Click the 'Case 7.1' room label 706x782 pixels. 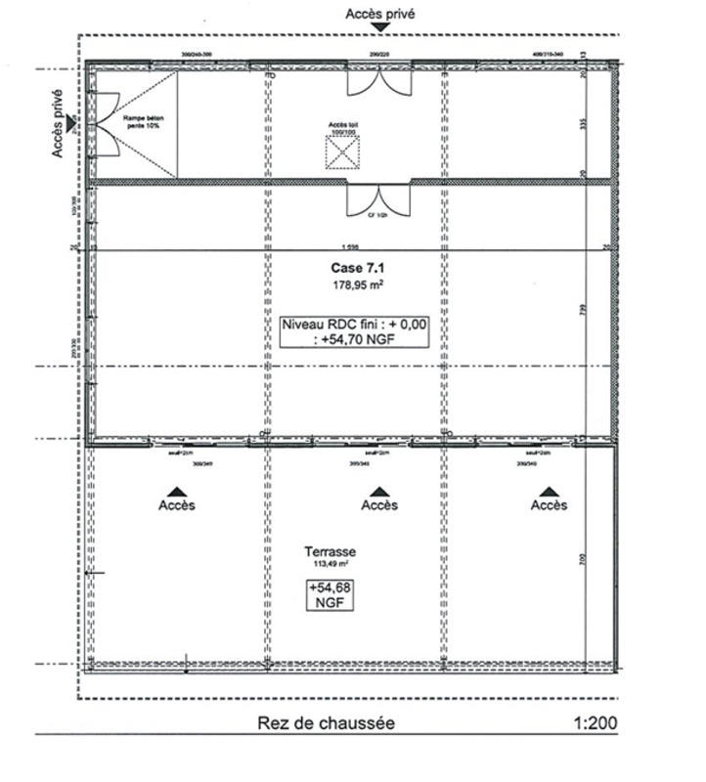click(x=353, y=267)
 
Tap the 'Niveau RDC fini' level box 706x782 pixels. click(x=354, y=332)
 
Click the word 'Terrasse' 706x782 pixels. click(x=330, y=551)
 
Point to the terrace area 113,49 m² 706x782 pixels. click(x=330, y=565)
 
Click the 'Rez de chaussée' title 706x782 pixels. click(x=327, y=723)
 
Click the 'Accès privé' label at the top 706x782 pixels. click(x=380, y=15)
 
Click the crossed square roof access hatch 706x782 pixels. click(x=342, y=152)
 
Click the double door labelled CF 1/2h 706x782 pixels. click(x=379, y=199)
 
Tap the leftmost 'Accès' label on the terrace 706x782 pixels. click(x=177, y=504)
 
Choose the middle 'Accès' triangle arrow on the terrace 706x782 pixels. click(x=379, y=492)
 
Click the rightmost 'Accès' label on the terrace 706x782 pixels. click(x=550, y=504)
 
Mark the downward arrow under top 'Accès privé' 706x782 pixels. click(x=380, y=30)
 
